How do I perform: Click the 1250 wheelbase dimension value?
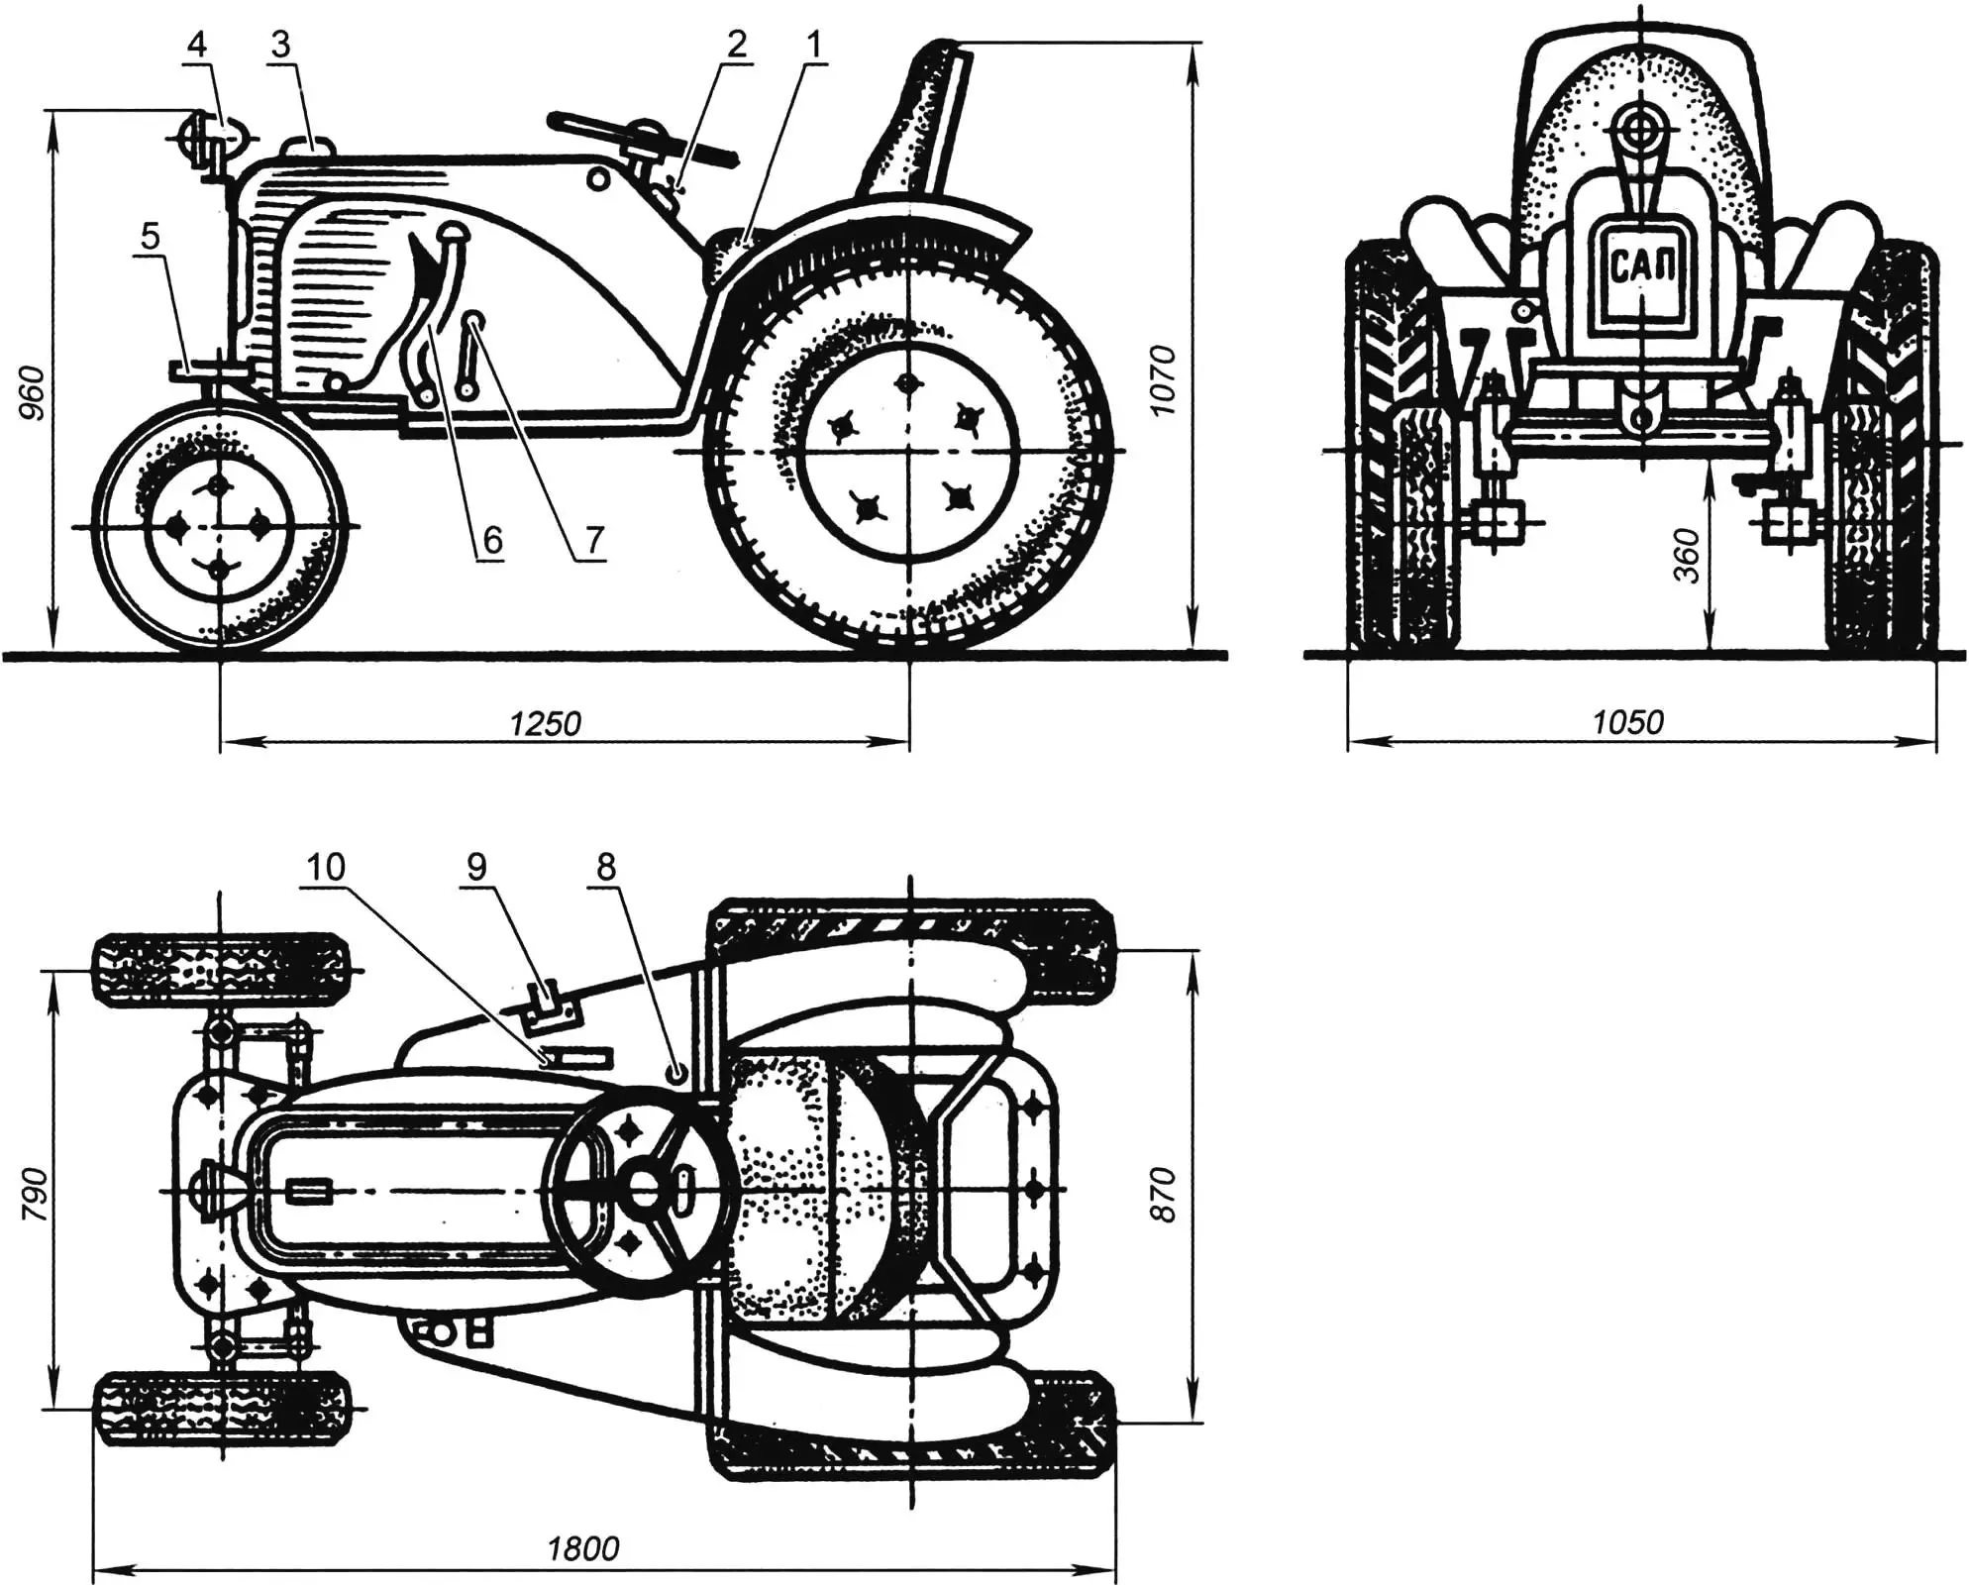coord(545,724)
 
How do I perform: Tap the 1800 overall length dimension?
coord(583,1548)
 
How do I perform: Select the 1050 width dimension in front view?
coord(1628,722)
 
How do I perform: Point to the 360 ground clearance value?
coord(1688,556)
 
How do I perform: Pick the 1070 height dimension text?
coord(1165,380)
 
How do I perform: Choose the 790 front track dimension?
coord(34,1190)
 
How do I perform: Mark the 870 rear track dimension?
coord(1165,1195)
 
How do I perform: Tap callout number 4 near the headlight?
coord(197,45)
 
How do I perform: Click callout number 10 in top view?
coord(325,868)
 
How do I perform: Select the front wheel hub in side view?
coord(218,527)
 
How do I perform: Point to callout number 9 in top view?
coord(476,868)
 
